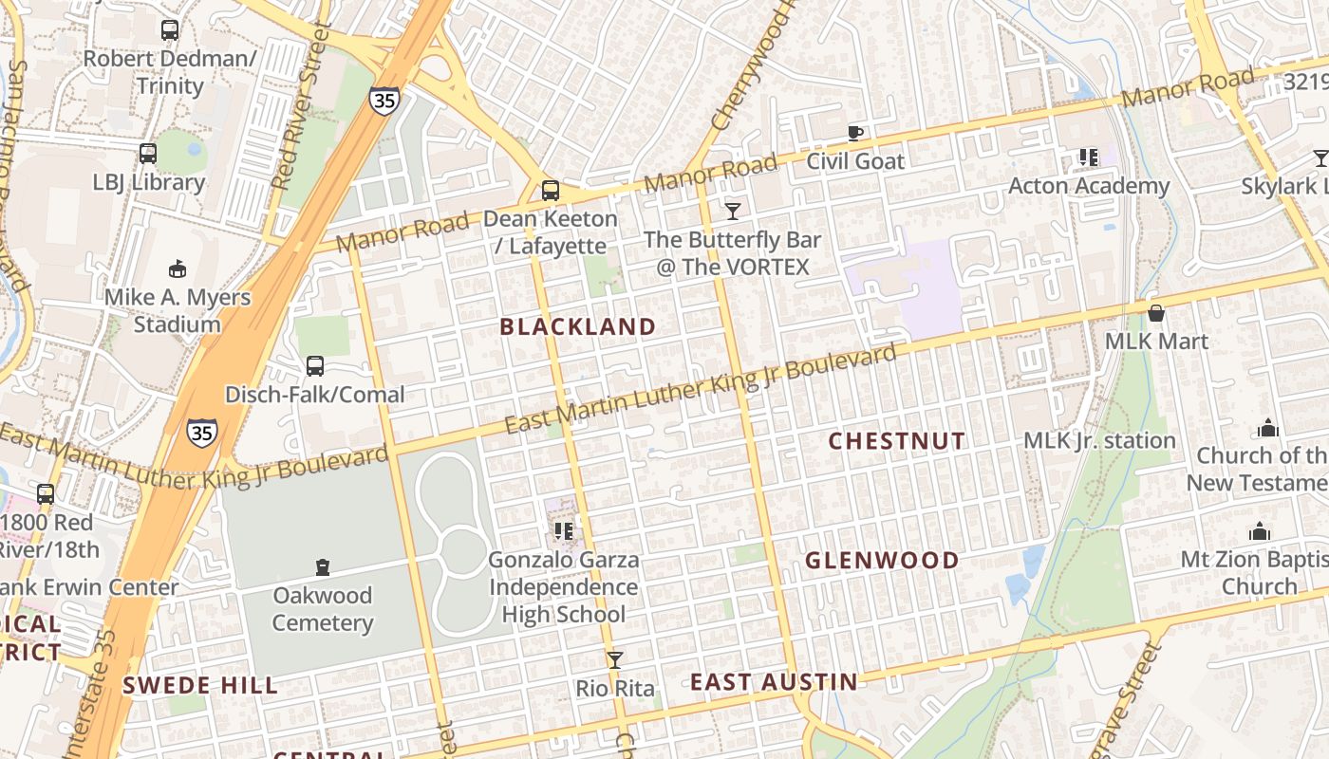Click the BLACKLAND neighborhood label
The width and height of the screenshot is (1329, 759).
point(577,327)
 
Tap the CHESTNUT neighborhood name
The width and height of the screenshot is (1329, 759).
point(896,441)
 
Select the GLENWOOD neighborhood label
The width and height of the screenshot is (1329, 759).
point(882,561)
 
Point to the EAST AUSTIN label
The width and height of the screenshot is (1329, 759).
point(773,682)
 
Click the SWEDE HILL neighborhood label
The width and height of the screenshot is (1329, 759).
point(200,686)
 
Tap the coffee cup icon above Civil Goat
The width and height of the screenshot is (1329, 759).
point(854,133)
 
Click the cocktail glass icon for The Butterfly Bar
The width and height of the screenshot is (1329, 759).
point(732,211)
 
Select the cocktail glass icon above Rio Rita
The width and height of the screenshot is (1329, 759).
point(615,659)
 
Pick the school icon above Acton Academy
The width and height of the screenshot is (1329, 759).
point(1088,157)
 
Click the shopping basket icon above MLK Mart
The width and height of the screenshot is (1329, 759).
point(1156,313)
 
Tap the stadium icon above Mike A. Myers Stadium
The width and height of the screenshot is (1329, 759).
point(177,268)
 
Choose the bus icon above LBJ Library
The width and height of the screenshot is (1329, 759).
point(148,154)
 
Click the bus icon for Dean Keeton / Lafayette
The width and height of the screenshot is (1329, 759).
point(550,191)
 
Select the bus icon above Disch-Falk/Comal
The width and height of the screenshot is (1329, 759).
point(315,366)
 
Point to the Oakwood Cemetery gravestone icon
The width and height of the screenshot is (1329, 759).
point(323,567)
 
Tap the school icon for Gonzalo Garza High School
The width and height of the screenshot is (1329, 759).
point(563,531)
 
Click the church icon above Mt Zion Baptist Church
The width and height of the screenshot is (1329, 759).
point(1260,531)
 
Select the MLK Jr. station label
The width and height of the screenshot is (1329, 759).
point(1099,441)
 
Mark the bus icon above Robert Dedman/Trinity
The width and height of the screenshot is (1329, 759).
point(170,30)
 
